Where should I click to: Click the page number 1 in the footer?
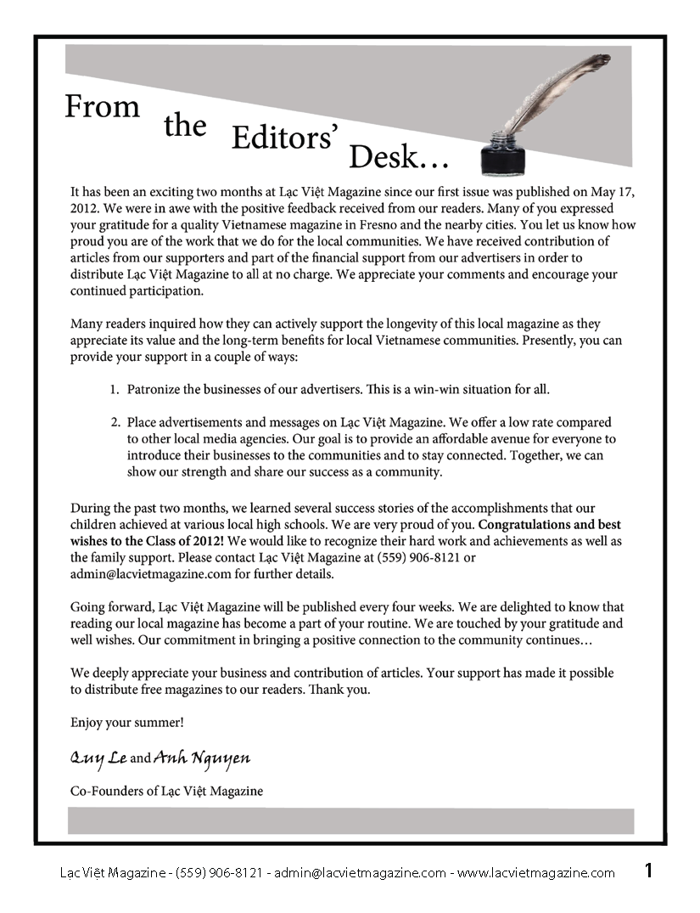pyautogui.click(x=648, y=871)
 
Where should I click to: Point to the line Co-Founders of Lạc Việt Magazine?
pyautogui.click(x=166, y=791)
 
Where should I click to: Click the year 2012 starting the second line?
pyautogui.click(x=84, y=208)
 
